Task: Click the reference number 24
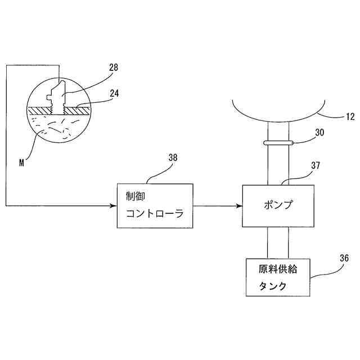tap(114, 93)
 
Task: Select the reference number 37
tap(315, 166)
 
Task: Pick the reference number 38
tap(173, 158)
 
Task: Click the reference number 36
tap(343, 258)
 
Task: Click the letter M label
tap(21, 163)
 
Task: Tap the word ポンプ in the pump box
tap(278, 205)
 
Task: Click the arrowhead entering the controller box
tap(113, 205)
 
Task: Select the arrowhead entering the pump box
tap(238, 205)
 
